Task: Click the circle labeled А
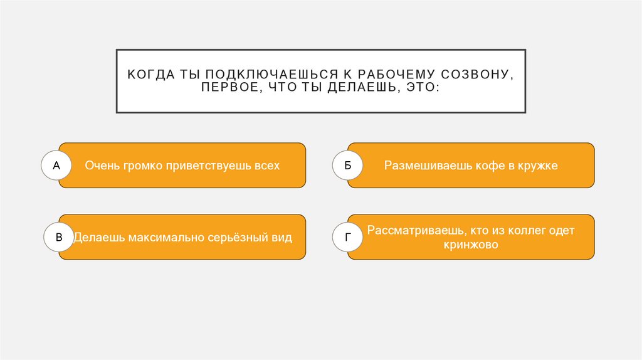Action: [x=56, y=166]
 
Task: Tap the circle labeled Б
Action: [x=347, y=166]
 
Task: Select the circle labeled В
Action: [x=59, y=238]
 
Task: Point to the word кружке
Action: [x=537, y=166]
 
